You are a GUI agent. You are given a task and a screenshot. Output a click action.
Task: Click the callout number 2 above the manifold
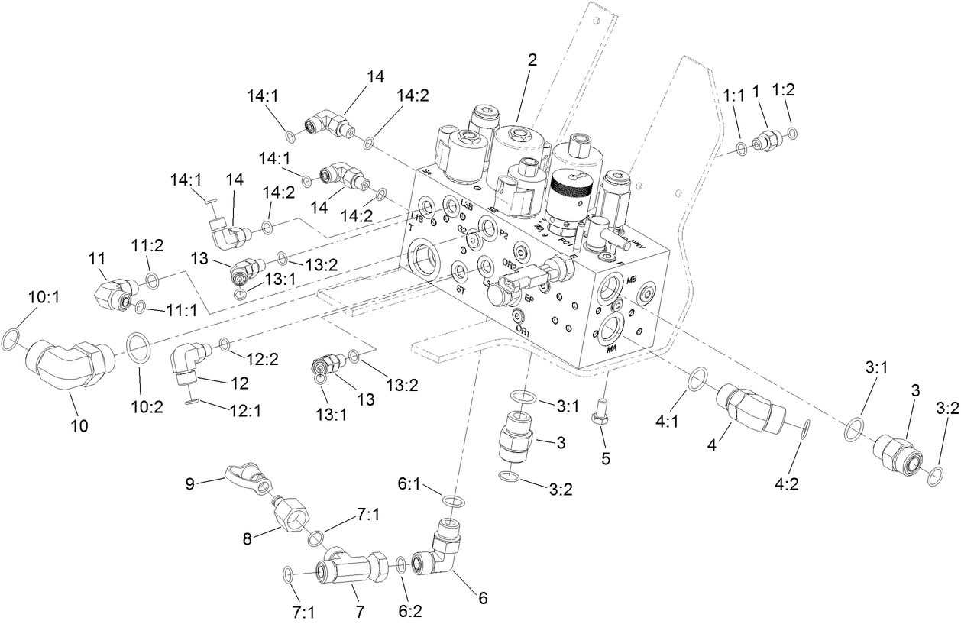pos(532,61)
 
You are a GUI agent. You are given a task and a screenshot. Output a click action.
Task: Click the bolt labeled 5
pos(600,413)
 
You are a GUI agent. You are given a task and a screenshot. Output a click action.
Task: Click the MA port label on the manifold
pos(611,348)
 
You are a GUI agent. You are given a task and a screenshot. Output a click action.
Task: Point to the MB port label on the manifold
pos(632,281)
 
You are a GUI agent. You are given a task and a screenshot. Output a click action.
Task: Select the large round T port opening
pos(422,257)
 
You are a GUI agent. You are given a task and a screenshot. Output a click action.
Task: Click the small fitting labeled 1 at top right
pos(765,140)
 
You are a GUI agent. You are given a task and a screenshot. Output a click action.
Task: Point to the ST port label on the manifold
pos(461,289)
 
